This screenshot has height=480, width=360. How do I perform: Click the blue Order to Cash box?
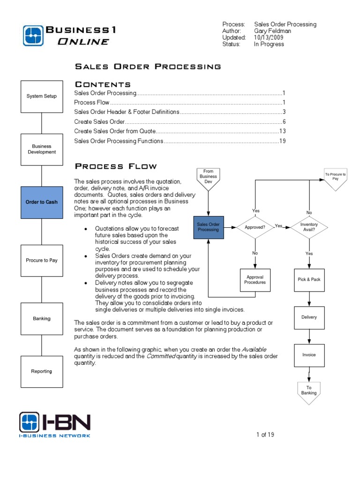(42, 202)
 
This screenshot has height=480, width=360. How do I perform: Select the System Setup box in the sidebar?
(42, 96)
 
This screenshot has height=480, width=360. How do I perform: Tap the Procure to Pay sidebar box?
(42, 260)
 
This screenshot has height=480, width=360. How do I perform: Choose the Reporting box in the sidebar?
(42, 371)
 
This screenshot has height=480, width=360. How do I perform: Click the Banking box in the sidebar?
(42, 319)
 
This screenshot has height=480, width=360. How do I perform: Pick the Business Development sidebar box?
(42, 149)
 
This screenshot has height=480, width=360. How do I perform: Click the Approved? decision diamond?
(255, 227)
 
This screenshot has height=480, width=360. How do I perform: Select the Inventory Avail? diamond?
(309, 227)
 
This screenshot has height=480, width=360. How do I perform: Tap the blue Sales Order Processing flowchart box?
(208, 227)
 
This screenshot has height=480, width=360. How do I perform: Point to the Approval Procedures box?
(255, 280)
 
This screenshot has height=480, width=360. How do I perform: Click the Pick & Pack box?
(309, 279)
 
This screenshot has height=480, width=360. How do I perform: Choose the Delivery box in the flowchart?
(309, 317)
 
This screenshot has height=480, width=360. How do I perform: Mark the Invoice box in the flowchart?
(309, 355)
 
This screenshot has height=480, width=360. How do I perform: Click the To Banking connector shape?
(309, 391)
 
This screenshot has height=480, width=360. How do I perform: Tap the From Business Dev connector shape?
(208, 178)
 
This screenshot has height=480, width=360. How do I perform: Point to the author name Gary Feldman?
(272, 31)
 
